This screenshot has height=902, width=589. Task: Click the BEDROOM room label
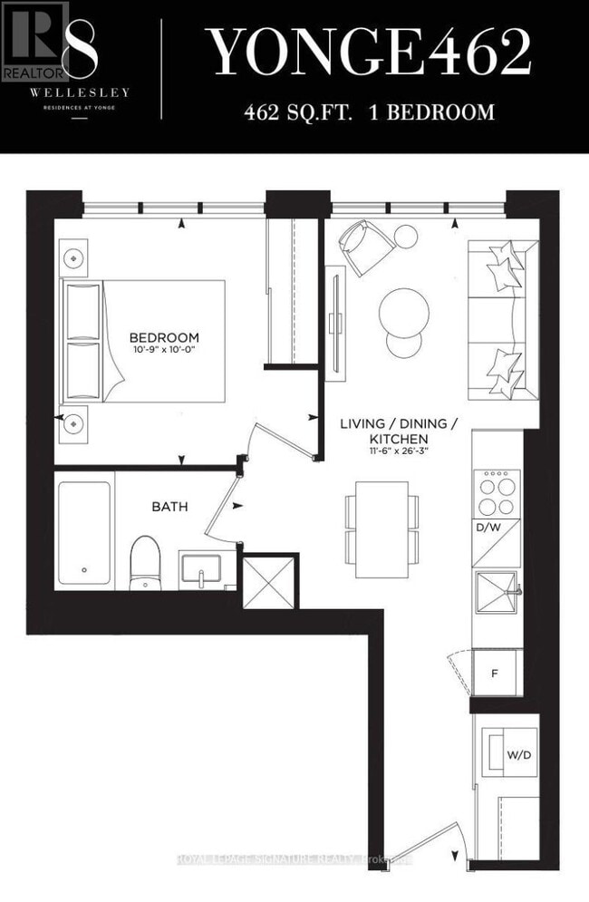click(163, 337)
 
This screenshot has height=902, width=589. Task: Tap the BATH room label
click(169, 507)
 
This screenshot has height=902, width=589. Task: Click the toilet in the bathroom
click(145, 562)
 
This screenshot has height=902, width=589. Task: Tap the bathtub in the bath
click(84, 532)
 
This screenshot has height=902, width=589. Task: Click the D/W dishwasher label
click(485, 527)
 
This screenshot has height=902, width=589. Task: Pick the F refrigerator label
click(494, 674)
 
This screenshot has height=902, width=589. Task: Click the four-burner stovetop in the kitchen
click(497, 494)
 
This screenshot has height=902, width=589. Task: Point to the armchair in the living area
click(365, 245)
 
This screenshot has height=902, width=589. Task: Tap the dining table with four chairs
click(381, 529)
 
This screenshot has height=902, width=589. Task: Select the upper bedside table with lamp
click(72, 257)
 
